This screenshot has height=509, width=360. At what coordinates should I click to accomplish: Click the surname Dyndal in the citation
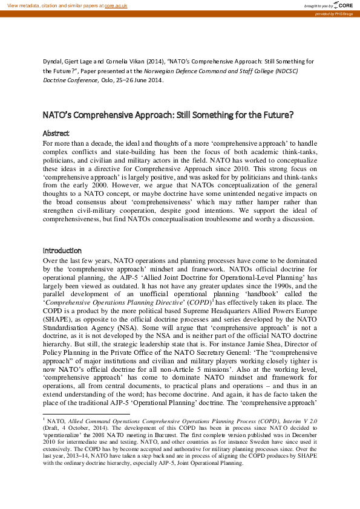tap(53, 62)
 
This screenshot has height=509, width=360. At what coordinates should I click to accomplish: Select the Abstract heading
tap(56, 133)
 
